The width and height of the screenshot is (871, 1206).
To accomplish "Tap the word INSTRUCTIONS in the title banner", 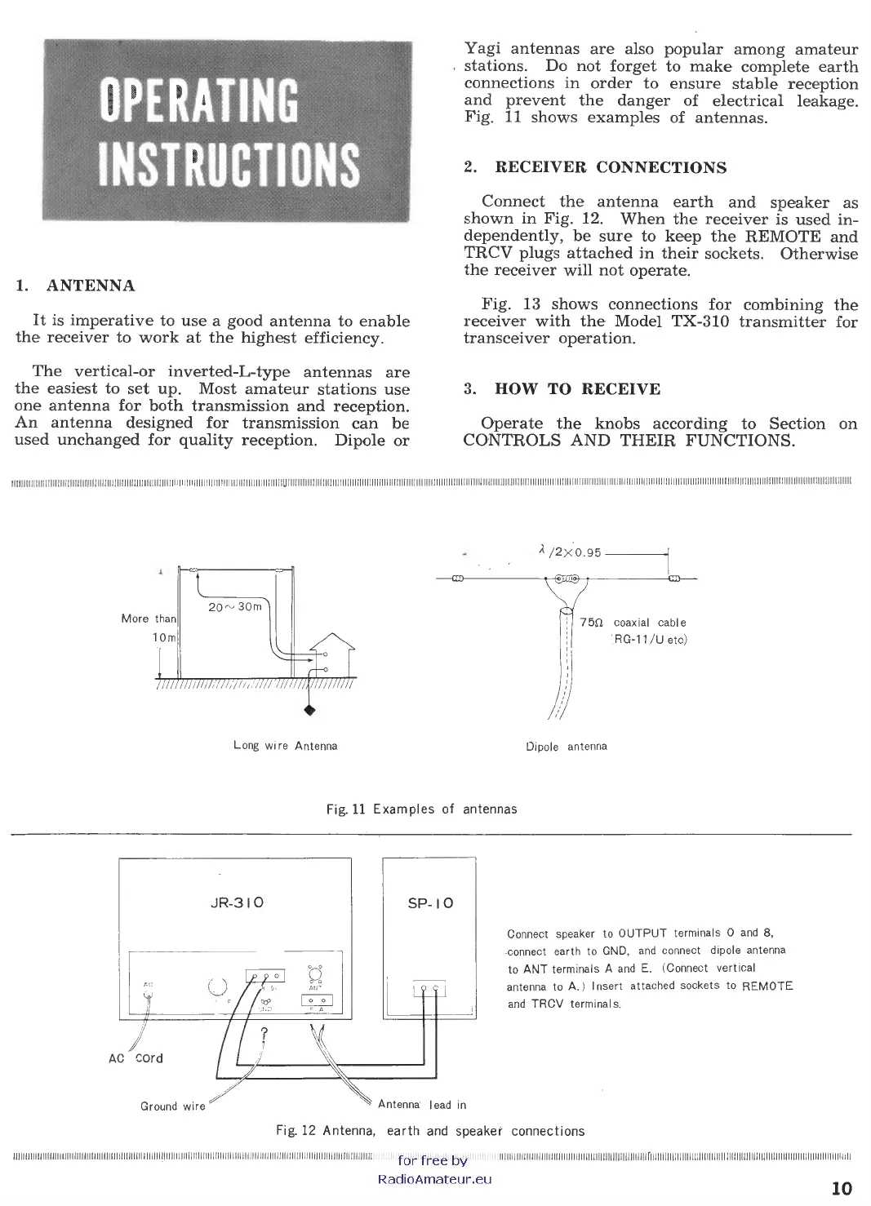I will tap(228, 166).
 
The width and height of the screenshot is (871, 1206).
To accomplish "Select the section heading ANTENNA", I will tap(91, 286).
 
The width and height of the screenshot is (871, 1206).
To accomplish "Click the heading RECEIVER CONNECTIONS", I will tap(611, 167).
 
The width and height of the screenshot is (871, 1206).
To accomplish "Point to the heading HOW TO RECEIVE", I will tap(577, 389).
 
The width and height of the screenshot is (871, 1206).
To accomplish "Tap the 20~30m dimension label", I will tap(235, 606).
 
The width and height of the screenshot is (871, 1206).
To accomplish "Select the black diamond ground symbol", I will tap(309, 709).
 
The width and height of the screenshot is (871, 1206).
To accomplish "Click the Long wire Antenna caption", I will tap(285, 746).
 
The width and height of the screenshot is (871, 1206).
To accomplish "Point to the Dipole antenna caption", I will tap(567, 746).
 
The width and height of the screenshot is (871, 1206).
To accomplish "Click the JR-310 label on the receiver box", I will tap(236, 903).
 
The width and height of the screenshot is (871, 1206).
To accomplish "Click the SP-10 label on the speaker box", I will tap(430, 903).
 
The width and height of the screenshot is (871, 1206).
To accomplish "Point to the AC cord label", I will tap(136, 1058).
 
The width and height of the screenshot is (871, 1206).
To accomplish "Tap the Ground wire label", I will tap(172, 1106).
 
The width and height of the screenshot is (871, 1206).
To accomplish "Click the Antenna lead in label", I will tap(422, 1105).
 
